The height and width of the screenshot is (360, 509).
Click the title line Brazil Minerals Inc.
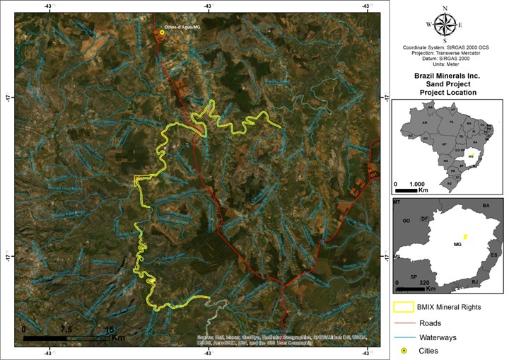point(448,74)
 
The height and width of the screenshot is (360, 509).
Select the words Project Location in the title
point(448,93)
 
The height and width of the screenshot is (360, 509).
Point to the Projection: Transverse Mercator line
point(448,53)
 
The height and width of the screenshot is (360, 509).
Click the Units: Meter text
point(448,64)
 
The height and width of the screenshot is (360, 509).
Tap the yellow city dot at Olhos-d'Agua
point(162,32)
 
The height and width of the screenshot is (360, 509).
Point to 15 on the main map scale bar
point(110,330)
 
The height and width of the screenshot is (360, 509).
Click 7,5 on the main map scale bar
point(66,330)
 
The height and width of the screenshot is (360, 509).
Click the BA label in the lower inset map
point(486,205)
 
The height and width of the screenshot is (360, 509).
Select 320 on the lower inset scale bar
point(425,282)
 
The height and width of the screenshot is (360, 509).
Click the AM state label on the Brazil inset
point(424,122)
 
